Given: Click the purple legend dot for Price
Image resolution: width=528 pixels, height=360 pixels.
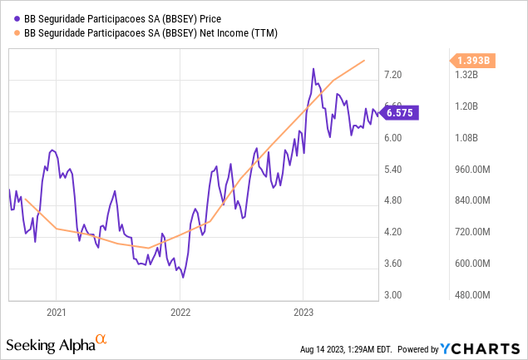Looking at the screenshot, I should tap(18, 16).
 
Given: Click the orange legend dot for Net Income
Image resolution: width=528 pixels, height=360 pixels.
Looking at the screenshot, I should tap(18, 32).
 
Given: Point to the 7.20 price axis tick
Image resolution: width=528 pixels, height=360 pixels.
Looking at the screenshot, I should tap(392, 75).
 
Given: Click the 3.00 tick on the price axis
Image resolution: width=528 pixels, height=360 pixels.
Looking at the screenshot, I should tap(392, 295).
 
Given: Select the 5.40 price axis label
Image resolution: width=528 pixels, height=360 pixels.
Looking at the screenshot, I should tap(392, 170).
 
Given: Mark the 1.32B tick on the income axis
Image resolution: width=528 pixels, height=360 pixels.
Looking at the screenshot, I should tap(466, 75).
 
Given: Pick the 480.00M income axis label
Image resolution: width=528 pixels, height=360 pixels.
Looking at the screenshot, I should tap(470, 295).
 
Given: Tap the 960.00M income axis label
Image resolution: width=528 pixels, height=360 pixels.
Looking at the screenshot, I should tap(470, 170).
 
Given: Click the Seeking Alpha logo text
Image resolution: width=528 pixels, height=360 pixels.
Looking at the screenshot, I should tap(50, 344).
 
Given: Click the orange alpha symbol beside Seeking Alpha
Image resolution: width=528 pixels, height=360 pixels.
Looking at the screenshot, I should tap(101, 339).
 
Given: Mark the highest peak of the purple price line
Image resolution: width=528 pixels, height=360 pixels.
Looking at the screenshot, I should tap(313, 69).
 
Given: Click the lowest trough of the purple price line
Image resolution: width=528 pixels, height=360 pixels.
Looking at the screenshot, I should tap(182, 277).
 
